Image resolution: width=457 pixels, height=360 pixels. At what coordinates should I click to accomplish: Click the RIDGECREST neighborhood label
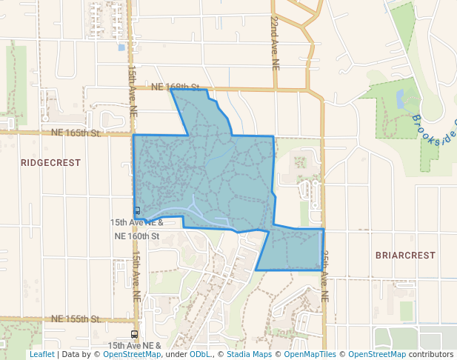tap(50, 162)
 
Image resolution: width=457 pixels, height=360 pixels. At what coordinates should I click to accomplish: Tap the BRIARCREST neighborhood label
tap(405, 255)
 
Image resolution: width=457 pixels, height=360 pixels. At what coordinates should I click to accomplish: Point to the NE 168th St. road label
tap(178, 87)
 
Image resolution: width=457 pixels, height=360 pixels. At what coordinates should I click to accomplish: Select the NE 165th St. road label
tap(76, 133)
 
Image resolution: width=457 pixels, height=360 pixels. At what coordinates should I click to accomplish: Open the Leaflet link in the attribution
tap(41, 355)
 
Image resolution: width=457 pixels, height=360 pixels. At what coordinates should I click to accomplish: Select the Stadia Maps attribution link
tap(248, 355)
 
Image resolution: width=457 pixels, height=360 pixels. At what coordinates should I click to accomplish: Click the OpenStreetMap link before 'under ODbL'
tap(132, 355)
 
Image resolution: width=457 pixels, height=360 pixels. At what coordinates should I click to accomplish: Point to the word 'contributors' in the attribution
tap(431, 355)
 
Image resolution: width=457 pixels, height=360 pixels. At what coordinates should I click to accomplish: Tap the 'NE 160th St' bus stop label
tap(137, 236)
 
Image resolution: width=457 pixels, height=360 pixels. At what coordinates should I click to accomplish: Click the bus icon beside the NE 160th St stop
tap(137, 211)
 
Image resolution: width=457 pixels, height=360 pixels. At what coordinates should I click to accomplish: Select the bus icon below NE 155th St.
tap(134, 335)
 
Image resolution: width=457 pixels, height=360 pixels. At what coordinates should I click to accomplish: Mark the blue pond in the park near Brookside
tap(401, 99)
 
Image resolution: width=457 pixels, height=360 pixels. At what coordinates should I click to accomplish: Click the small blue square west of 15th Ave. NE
tap(121, 48)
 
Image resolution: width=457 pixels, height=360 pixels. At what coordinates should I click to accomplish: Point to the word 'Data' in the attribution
tap(71, 355)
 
